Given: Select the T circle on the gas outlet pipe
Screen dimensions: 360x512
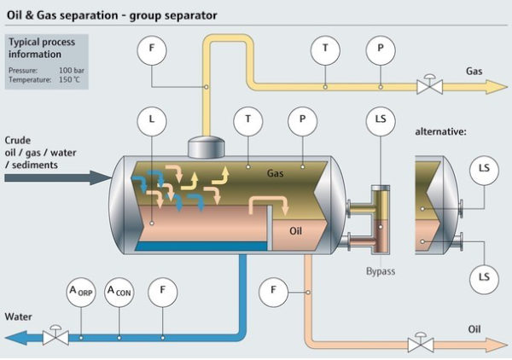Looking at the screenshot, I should click(324, 50).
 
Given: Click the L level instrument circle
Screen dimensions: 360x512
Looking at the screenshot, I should click(152, 120).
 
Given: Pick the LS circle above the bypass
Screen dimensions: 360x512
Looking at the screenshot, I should click(379, 120).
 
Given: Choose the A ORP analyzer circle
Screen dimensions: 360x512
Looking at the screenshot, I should click(80, 292).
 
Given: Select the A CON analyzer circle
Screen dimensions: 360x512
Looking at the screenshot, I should click(119, 292).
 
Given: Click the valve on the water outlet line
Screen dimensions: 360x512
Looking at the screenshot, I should click(56, 336).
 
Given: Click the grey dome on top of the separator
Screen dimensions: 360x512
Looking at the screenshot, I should click(205, 148).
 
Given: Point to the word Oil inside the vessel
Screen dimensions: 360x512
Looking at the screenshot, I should click(296, 229).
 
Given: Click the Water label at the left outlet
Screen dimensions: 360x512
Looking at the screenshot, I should click(18, 316).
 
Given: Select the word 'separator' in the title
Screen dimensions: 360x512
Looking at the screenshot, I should click(192, 15).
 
